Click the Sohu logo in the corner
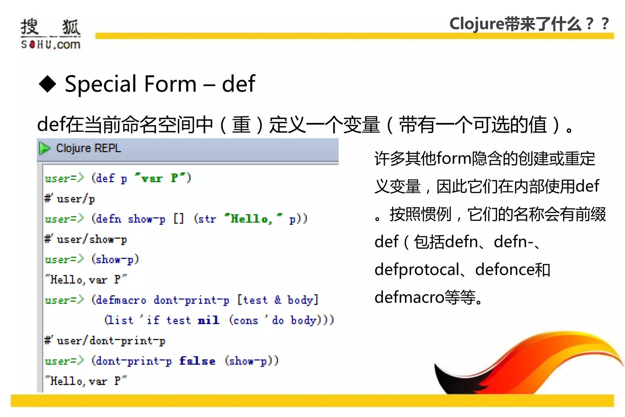tap(51, 34)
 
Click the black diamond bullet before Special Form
tap(48, 84)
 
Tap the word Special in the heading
tap(101, 84)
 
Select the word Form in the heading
tap(170, 84)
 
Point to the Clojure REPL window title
tap(89, 148)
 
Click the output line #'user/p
tap(70, 199)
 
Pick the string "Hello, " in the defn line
tap(253, 219)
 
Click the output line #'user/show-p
tap(86, 239)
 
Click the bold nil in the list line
tap(208, 320)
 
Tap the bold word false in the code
tap(197, 361)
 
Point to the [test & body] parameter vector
tap(278, 300)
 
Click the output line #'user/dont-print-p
tap(105, 341)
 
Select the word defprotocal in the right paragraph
tap(417, 270)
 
